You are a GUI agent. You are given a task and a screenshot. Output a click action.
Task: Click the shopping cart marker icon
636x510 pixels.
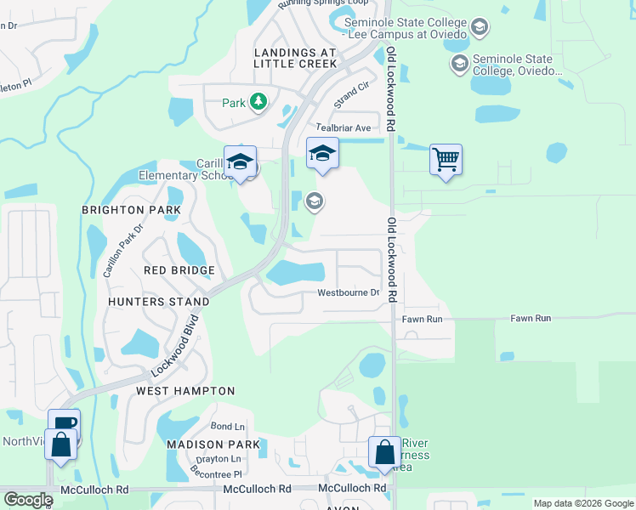click(446, 159)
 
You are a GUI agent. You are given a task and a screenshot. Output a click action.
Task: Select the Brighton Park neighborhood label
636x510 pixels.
click(131, 209)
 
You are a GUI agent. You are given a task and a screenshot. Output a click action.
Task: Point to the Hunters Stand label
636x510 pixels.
click(159, 302)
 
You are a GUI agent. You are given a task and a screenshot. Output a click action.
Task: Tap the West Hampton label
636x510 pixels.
click(185, 391)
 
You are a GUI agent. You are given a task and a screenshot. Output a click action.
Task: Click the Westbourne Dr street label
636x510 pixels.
click(349, 293)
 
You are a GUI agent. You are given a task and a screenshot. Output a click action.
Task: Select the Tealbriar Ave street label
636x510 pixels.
click(344, 127)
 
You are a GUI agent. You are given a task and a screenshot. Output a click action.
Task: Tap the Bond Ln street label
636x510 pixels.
click(227, 426)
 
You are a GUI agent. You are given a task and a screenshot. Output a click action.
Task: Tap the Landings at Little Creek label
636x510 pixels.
click(296, 58)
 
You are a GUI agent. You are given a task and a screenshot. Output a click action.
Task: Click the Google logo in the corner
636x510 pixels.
click(27, 500)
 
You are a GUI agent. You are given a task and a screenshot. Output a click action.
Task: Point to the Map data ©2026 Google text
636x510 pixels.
click(582, 503)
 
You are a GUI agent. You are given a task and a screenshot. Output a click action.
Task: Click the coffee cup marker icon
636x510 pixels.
click(65, 423)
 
